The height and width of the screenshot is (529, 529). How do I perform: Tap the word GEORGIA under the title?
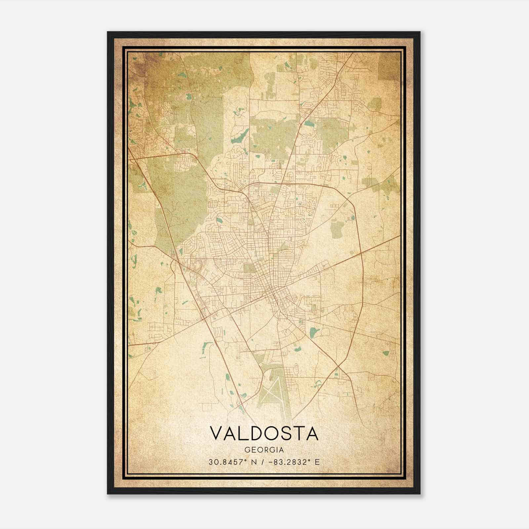tap(264, 450)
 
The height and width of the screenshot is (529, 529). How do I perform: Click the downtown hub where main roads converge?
tap(273, 291)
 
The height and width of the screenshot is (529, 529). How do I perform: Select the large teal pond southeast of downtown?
tap(313, 332)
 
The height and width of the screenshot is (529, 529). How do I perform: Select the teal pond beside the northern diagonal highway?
tap(310, 124)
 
